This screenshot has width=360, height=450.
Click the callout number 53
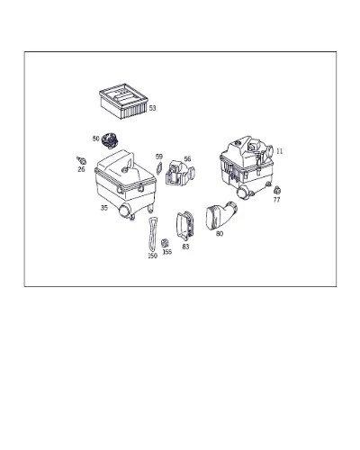[x=152, y=108]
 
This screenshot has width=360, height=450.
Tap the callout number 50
[x=95, y=139]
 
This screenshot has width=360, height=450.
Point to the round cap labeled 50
[x=110, y=140]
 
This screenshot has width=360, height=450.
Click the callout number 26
[x=81, y=169]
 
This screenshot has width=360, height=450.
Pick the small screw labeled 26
[x=81, y=160]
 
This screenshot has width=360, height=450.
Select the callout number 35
[x=103, y=208]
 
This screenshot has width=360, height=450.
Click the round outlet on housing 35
[x=124, y=210]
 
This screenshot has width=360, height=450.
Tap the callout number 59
[x=159, y=157]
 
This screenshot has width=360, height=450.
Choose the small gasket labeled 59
[x=158, y=168]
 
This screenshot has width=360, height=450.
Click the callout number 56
[x=187, y=158]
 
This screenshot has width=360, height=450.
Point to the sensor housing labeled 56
[x=180, y=173]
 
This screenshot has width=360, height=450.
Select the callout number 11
[x=279, y=151]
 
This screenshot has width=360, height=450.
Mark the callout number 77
[x=276, y=200]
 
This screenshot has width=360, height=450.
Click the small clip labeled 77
[x=277, y=190]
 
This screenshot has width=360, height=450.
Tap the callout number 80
[x=220, y=233]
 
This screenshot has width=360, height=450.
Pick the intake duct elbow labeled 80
[x=220, y=215]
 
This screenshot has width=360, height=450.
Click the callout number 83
[x=185, y=247]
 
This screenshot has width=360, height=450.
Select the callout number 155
[x=167, y=252]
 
